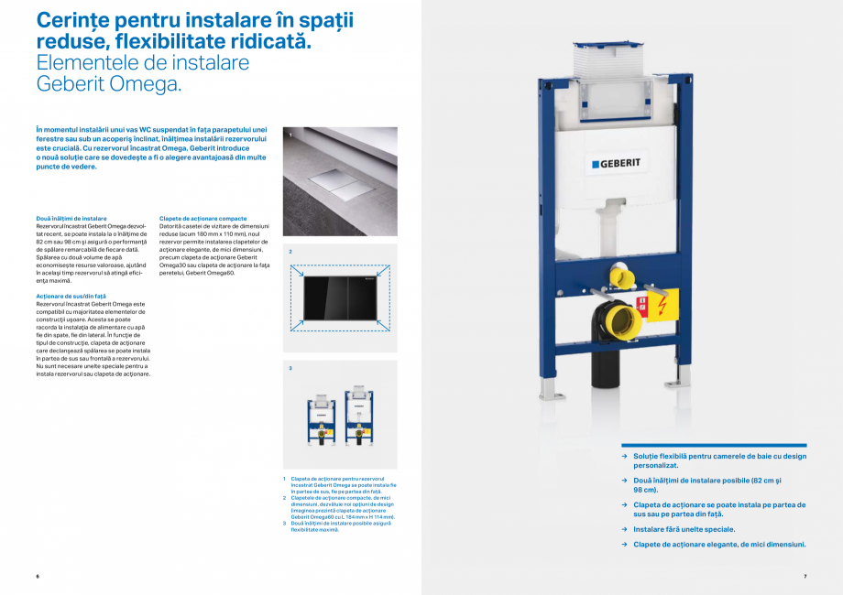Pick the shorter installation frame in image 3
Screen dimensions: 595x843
pyautogui.click(x=323, y=421)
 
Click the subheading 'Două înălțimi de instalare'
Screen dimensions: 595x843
pyautogui.click(x=71, y=219)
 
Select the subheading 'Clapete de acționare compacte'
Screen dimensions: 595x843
pyautogui.click(x=203, y=219)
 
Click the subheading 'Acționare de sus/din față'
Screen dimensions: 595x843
pyautogui.click(x=71, y=297)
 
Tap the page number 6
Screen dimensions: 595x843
pyautogui.click(x=38, y=576)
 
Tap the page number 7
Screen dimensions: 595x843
pyautogui.click(x=805, y=576)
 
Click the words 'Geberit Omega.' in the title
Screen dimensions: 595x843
pyautogui.click(x=108, y=83)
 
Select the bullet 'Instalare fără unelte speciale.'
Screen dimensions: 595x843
pyautogui.click(x=684, y=529)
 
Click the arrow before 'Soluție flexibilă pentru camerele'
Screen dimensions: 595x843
pyautogui.click(x=624, y=455)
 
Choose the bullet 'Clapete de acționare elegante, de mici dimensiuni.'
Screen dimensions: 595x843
pyautogui.click(x=719, y=545)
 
